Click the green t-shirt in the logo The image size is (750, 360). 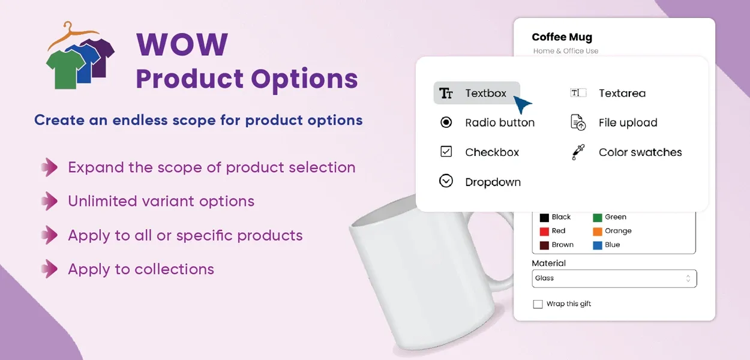click(x=65, y=68)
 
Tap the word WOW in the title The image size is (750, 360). click(x=182, y=45)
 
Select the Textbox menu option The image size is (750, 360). click(x=476, y=93)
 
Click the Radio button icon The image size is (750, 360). click(x=446, y=122)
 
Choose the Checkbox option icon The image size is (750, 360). click(x=446, y=152)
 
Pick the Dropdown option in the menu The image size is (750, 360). click(x=492, y=182)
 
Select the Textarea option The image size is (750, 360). click(x=622, y=93)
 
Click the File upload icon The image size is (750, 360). click(x=578, y=122)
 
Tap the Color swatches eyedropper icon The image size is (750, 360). click(x=577, y=152)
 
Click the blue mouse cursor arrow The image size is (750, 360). click(x=523, y=105)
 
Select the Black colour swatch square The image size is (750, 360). click(x=544, y=217)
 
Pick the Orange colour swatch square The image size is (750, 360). click(x=598, y=231)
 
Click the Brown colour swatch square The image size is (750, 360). click(x=544, y=245)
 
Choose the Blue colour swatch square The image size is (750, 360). click(x=598, y=245)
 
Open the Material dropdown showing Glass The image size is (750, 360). click(x=614, y=278)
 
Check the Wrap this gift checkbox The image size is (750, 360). click(x=538, y=304)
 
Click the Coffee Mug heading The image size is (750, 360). click(x=562, y=37)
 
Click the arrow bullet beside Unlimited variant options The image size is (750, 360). click(x=50, y=201)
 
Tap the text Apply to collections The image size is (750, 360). click(x=141, y=269)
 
